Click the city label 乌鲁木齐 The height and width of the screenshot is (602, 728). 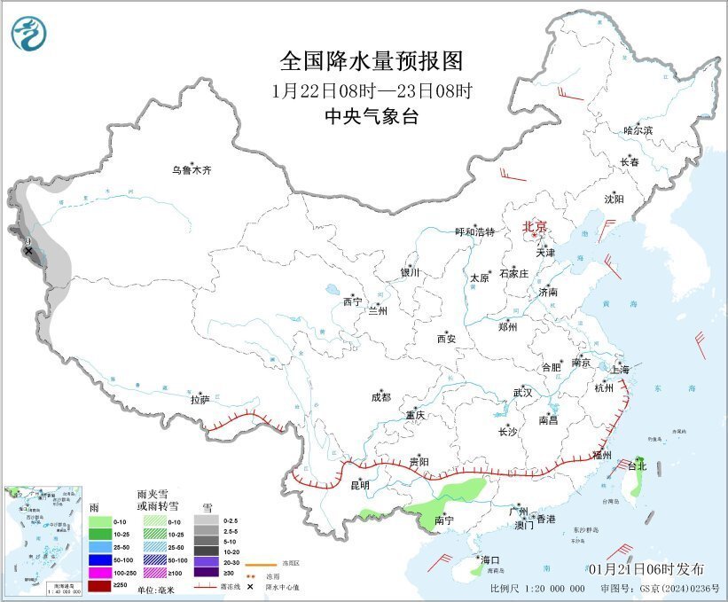pyautogui.click(x=192, y=169)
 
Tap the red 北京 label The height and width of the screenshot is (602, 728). pyautogui.click(x=535, y=226)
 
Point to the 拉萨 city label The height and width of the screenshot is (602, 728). pyautogui.click(x=200, y=401)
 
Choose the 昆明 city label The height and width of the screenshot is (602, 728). pyautogui.click(x=359, y=486)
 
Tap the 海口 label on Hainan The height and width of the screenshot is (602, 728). pyautogui.click(x=490, y=559)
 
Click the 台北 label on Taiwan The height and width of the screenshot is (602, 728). pyautogui.click(x=638, y=465)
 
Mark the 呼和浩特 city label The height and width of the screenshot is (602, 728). pyautogui.click(x=474, y=232)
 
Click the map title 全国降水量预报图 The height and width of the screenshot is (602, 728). pyautogui.click(x=372, y=61)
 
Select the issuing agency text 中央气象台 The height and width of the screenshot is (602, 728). pyautogui.click(x=372, y=116)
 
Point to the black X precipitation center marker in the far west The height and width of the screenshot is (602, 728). pyautogui.click(x=28, y=251)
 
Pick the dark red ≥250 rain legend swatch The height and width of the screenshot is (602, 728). pyautogui.click(x=100, y=586)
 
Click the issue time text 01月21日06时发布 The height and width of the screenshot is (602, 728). pyautogui.click(x=646, y=568)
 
